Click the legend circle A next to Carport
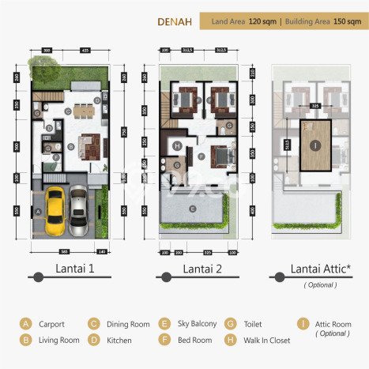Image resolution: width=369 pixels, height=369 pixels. (x=26, y=323)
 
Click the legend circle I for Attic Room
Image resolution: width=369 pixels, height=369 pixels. (x=303, y=323)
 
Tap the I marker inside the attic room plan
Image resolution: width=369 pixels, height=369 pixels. (x=315, y=145)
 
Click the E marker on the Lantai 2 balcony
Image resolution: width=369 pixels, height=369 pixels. (x=193, y=209)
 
